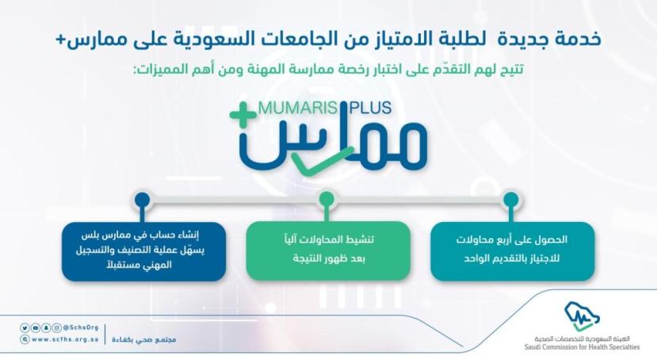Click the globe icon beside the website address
25,339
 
